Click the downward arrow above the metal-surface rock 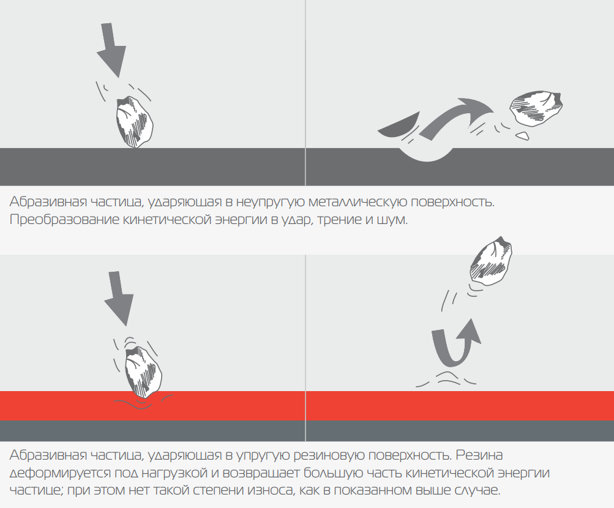coord(111,50)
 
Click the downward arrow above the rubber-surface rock coord(118,298)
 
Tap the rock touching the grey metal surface coord(134,122)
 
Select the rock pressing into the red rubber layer coord(143,372)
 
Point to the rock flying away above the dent coord(536,108)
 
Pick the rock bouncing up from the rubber coord(491,260)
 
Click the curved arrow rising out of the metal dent coord(456,118)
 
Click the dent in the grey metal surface coord(427,154)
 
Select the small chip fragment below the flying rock coord(522,136)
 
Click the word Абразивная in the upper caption coord(48,202)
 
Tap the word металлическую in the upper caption coord(357,202)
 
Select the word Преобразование coord(64,220)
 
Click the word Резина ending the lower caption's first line coord(479,455)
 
